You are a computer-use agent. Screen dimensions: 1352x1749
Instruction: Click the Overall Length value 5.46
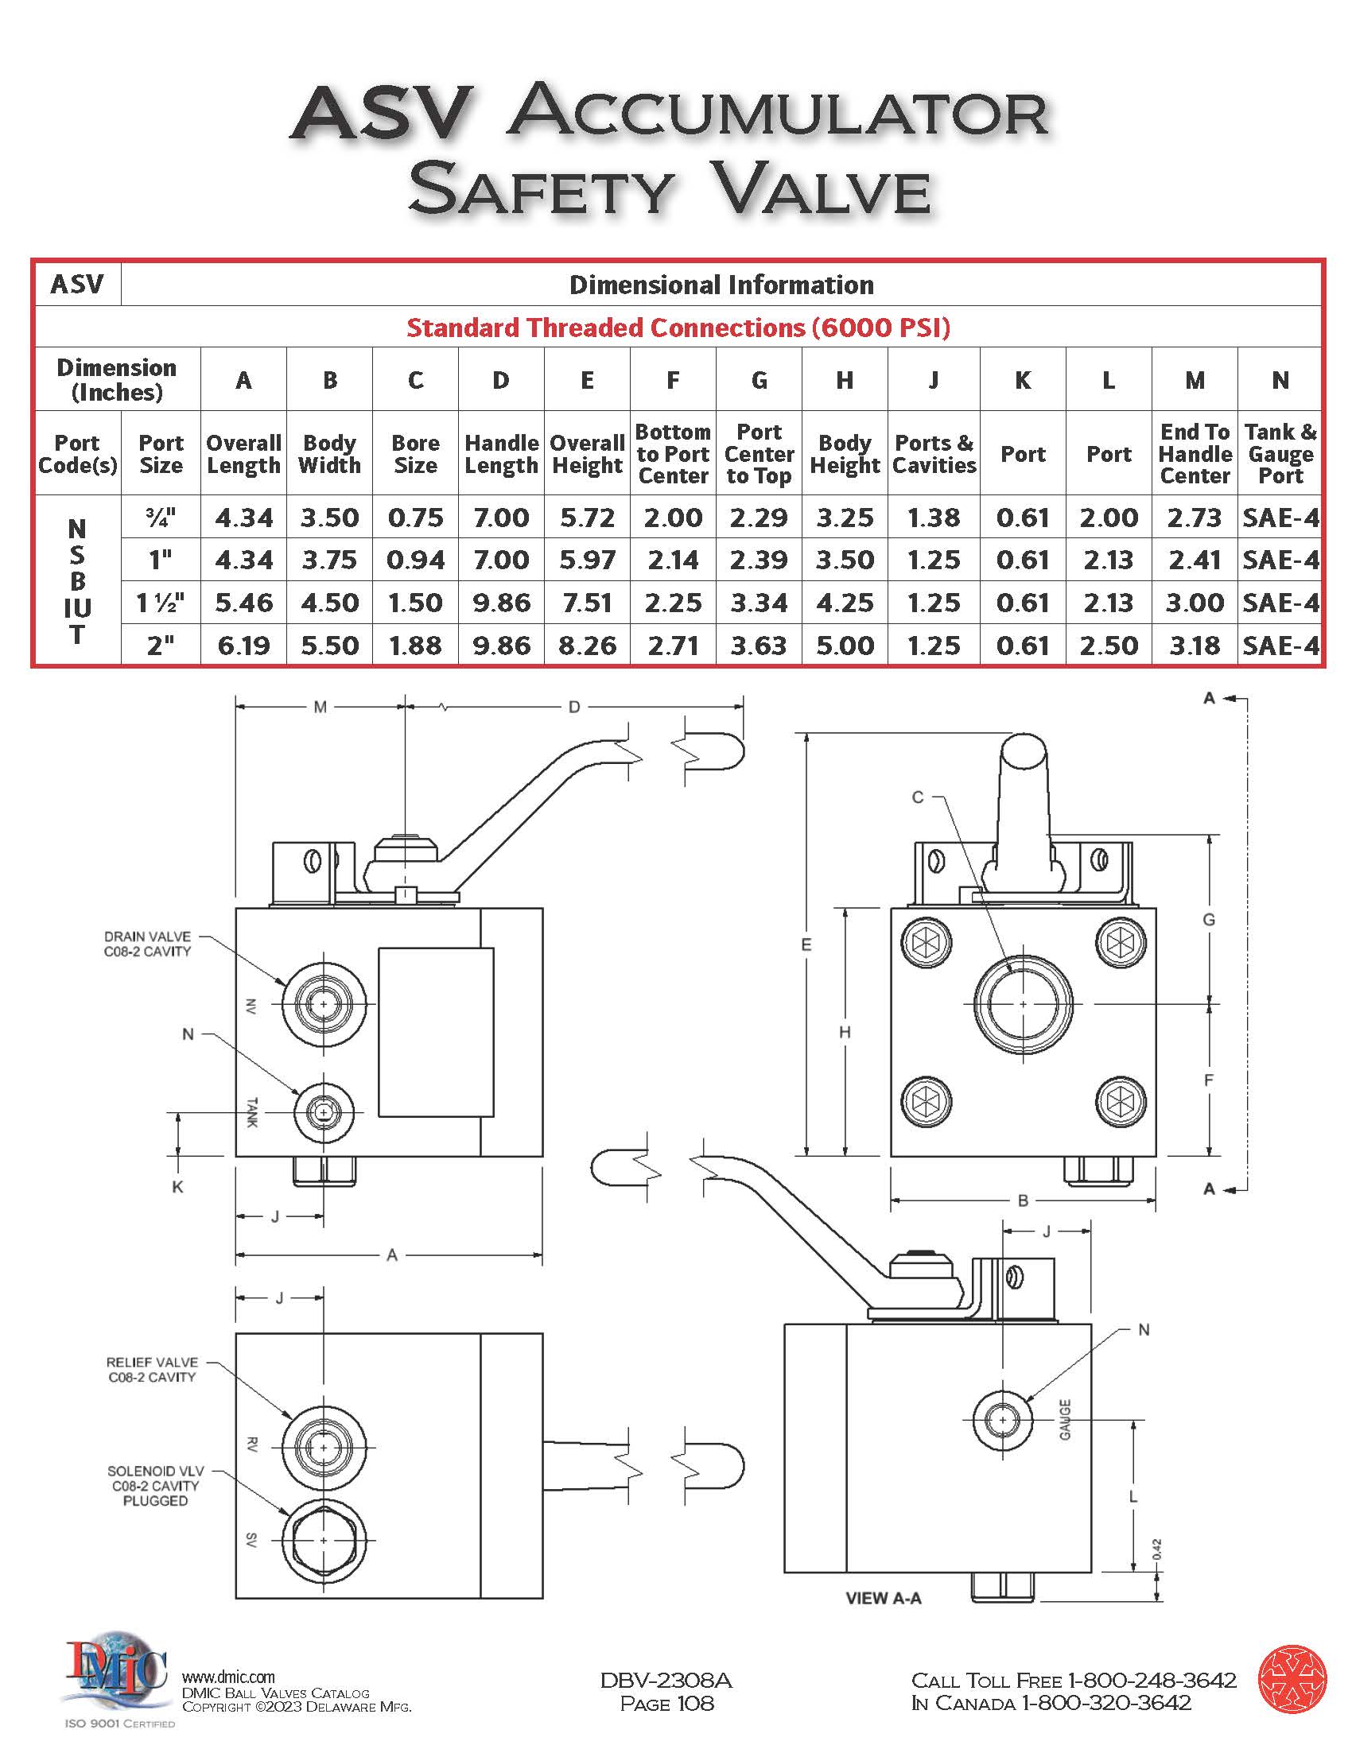pyautogui.click(x=243, y=603)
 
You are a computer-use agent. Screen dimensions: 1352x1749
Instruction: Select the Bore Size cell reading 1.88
pyautogui.click(x=415, y=646)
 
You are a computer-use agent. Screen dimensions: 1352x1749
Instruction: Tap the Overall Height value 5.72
pyautogui.click(x=587, y=518)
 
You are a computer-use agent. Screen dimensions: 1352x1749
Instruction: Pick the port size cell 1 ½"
pyautogui.click(x=160, y=603)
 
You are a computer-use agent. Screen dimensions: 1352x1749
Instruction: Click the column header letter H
pyautogui.click(x=844, y=379)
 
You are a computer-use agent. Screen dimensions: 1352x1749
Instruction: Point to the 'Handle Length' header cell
pyautogui.click(x=501, y=454)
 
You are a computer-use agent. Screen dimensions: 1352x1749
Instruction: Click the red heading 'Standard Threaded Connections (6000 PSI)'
pyautogui.click(x=678, y=327)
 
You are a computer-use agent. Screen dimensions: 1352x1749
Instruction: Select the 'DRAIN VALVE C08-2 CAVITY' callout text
pyautogui.click(x=147, y=944)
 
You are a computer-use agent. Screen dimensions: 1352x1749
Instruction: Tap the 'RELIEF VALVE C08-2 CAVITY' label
pyautogui.click(x=152, y=1370)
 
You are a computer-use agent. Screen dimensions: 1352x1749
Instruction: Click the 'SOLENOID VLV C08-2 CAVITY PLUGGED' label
pyautogui.click(x=155, y=1487)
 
